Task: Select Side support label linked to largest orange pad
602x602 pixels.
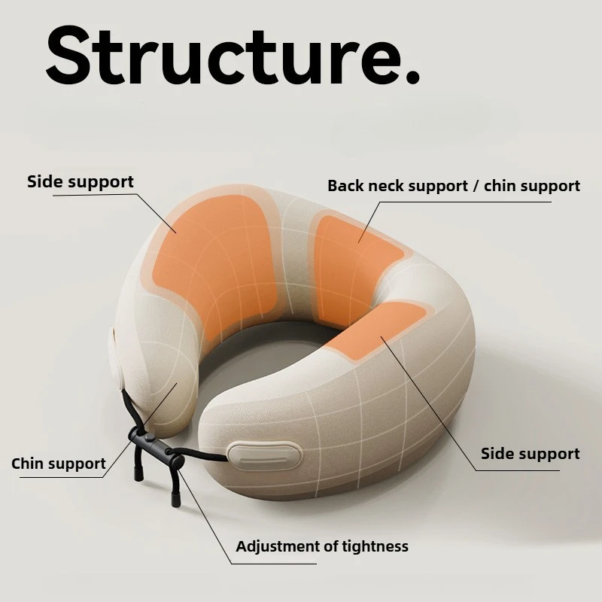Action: click(80, 181)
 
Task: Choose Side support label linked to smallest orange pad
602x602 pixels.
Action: click(530, 454)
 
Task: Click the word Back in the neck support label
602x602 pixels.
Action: click(345, 186)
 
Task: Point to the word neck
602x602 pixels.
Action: click(386, 186)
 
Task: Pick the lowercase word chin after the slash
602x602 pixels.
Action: click(500, 186)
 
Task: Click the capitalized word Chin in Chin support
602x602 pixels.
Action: click(28, 464)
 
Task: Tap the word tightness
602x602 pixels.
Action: click(372, 546)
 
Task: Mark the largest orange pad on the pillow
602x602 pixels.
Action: click(214, 260)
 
